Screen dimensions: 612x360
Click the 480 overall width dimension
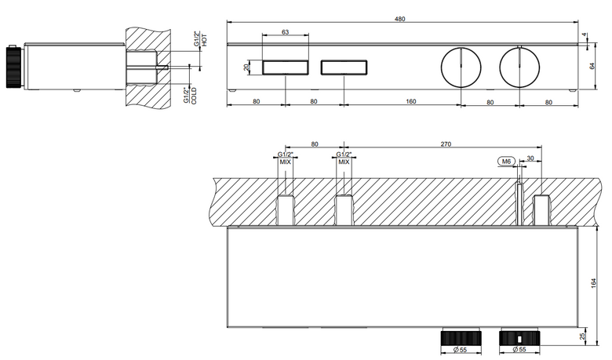[400, 19]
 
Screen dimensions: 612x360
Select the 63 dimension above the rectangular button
[286, 32]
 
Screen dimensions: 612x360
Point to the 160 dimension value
[411, 101]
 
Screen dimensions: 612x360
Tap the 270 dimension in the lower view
[446, 144]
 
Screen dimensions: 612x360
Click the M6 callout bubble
[507, 161]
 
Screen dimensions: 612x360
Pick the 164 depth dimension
[594, 284]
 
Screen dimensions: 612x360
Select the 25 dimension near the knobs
[594, 336]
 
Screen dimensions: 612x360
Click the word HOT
[205, 40]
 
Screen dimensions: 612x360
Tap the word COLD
[194, 96]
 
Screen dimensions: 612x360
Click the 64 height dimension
[592, 66]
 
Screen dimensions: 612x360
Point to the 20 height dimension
[246, 67]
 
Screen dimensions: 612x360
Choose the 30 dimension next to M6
[530, 158]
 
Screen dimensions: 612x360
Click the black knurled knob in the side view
[13, 67]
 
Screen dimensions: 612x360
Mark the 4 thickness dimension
[585, 35]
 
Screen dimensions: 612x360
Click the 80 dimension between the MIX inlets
[315, 144]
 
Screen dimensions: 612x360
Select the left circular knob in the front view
[461, 67]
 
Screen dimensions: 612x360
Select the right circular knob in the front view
[519, 67]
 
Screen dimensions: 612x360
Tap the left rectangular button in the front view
[286, 67]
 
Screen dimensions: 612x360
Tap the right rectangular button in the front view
[344, 67]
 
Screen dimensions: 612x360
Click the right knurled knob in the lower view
[519, 338]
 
